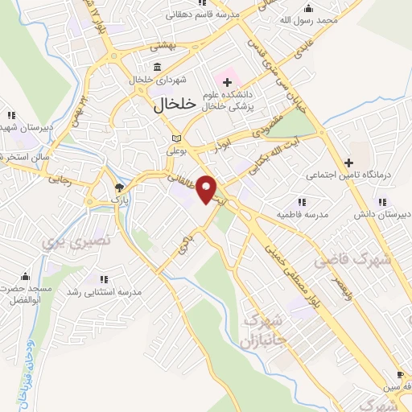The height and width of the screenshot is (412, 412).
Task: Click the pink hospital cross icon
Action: click(x=226, y=81)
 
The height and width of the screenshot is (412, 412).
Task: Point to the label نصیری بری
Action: click(x=58, y=240)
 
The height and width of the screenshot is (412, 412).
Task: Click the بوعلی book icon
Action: click(x=175, y=138)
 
